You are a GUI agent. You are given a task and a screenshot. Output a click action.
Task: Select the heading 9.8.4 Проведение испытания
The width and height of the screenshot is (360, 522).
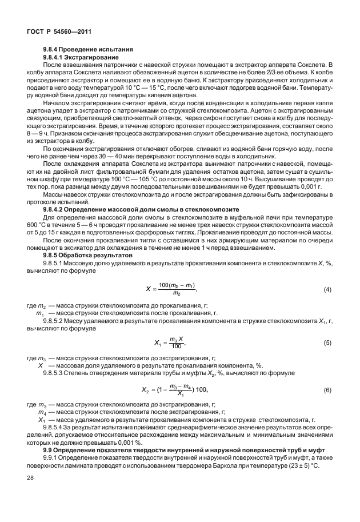pyautogui.click(x=88, y=49)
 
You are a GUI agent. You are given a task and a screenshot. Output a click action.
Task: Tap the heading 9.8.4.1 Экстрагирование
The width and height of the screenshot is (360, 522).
pyautogui.click(x=81, y=57)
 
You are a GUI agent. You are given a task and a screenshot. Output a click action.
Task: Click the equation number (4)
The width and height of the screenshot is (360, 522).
pyautogui.click(x=327, y=289)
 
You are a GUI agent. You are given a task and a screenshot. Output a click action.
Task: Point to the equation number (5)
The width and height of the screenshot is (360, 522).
pyautogui.click(x=327, y=342)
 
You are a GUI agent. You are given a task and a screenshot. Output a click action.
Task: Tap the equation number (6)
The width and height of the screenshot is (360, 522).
pyautogui.click(x=327, y=389)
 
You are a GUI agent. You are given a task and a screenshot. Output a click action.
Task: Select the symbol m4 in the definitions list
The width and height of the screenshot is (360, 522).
pyautogui.click(x=42, y=411)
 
